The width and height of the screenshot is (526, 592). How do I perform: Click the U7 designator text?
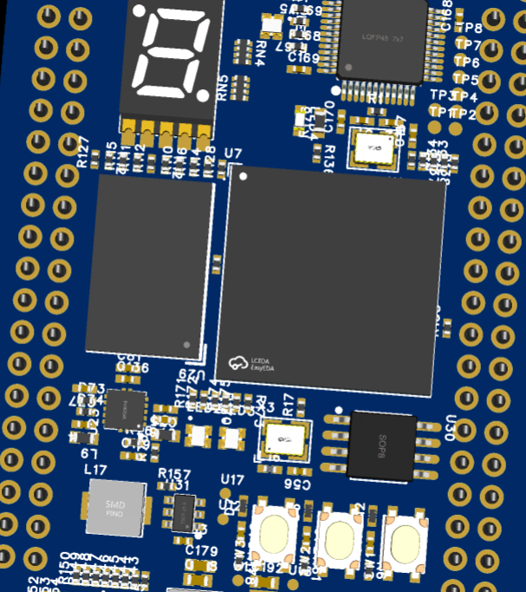pos(233,154)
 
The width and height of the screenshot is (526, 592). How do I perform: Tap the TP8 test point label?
pos(469,29)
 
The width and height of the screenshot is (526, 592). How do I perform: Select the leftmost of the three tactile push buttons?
pos(274,530)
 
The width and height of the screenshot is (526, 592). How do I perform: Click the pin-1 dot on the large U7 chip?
pos(244,177)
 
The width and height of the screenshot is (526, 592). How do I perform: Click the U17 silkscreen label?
pos(232,479)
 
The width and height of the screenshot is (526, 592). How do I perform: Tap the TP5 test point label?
pos(467,79)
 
